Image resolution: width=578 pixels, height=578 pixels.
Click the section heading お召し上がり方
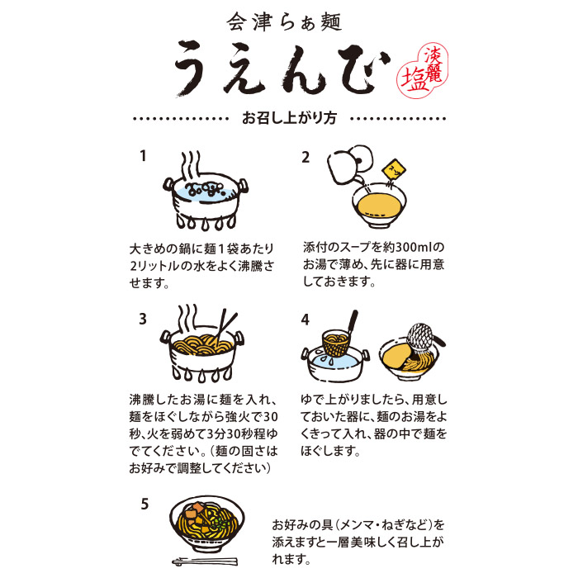[289, 117]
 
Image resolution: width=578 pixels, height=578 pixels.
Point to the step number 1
[143, 155]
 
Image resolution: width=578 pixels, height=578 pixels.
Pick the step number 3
[143, 319]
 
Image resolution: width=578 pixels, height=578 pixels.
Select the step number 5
[144, 503]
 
